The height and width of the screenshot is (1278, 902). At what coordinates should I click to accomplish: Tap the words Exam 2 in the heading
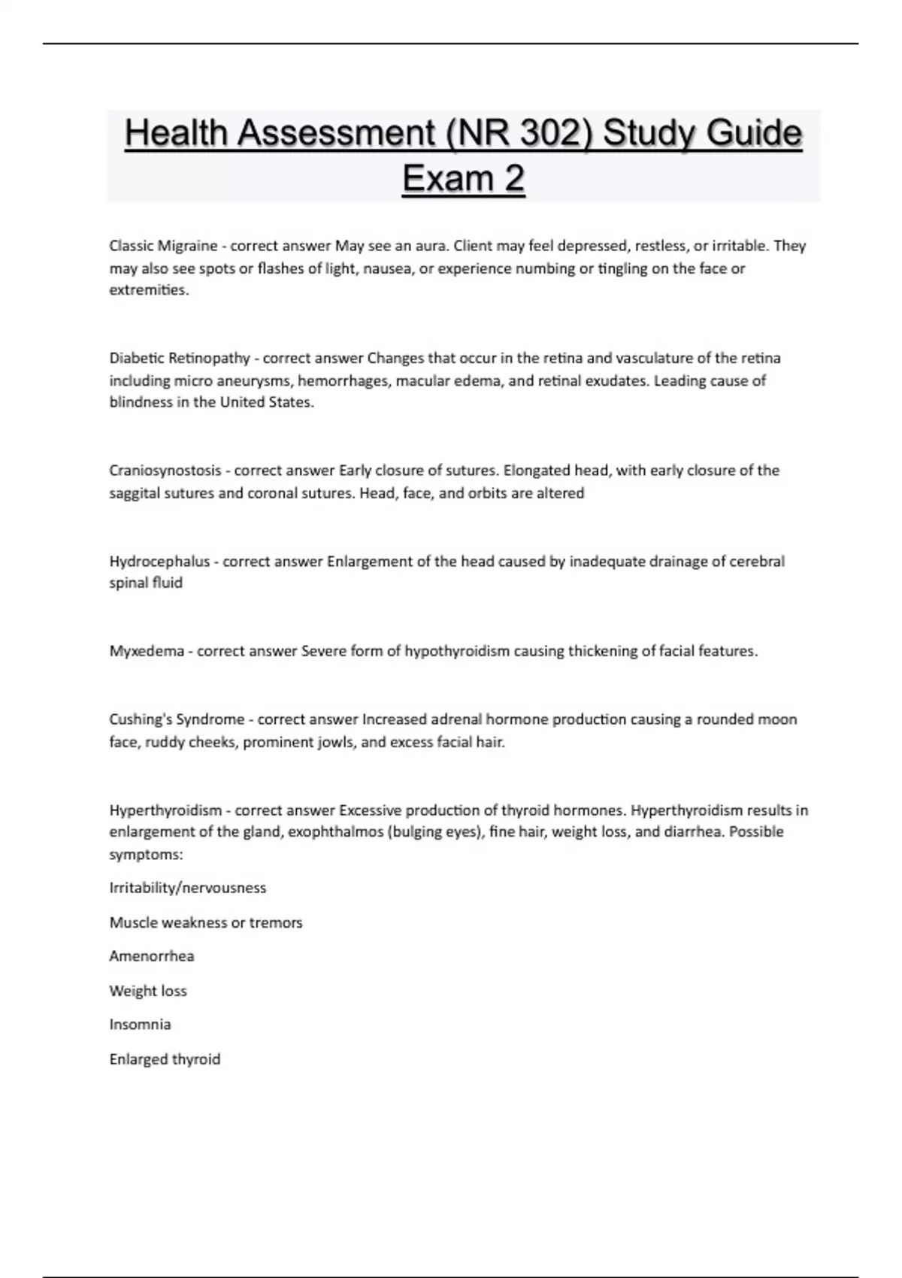coord(463,179)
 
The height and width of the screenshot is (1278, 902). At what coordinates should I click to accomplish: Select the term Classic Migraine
coord(163,246)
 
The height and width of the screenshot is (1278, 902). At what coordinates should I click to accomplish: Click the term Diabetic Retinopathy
coord(180,358)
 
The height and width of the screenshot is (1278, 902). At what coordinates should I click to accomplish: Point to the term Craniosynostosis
coord(165,471)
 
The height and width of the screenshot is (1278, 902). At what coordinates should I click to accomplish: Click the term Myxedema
coord(147,651)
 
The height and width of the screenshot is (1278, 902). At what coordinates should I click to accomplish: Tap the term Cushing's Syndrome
coord(177,719)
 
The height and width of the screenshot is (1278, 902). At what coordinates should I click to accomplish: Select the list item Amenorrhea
coord(151,956)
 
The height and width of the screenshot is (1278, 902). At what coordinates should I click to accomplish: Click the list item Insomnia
coord(140,1025)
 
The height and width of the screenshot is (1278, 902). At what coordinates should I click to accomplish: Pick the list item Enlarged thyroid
coord(165,1059)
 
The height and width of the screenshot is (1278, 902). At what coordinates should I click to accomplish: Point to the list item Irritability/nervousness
coord(188,888)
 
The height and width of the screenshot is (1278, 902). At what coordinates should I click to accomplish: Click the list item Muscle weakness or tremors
coord(206,922)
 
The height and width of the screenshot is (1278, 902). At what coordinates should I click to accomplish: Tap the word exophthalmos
coord(334,832)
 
